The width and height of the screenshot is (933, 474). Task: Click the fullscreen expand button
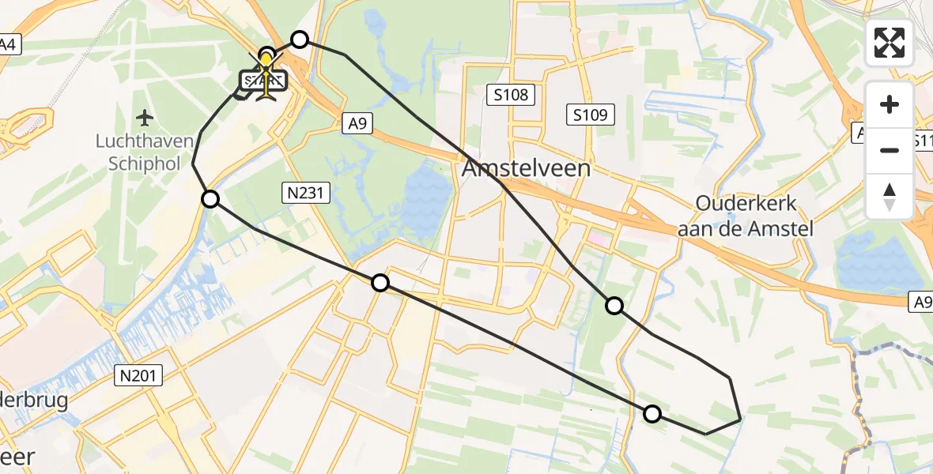point(890,43)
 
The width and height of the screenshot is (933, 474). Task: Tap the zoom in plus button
point(890,104)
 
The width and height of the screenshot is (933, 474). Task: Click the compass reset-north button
point(890,196)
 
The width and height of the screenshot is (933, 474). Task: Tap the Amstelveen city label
point(527,169)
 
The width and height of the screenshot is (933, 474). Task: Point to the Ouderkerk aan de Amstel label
point(746,216)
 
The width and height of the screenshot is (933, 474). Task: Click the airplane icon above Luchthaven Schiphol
point(145,118)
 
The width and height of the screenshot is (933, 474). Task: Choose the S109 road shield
point(590,115)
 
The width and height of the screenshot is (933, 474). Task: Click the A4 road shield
point(8,44)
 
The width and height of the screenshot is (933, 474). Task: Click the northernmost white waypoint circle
point(300,39)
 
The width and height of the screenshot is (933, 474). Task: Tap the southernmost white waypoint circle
point(652,413)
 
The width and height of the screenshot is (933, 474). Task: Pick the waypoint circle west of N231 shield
point(210,199)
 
